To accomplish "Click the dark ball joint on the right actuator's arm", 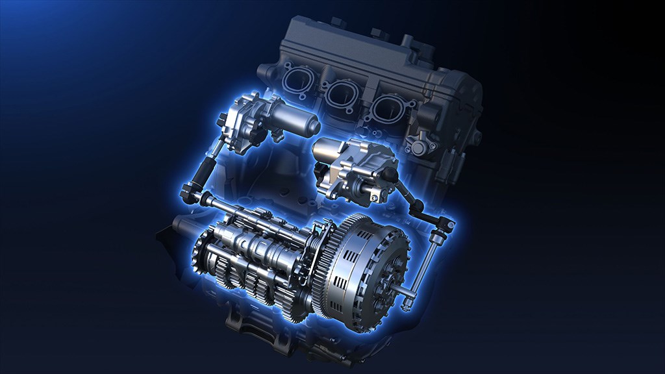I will tap(390, 174).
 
